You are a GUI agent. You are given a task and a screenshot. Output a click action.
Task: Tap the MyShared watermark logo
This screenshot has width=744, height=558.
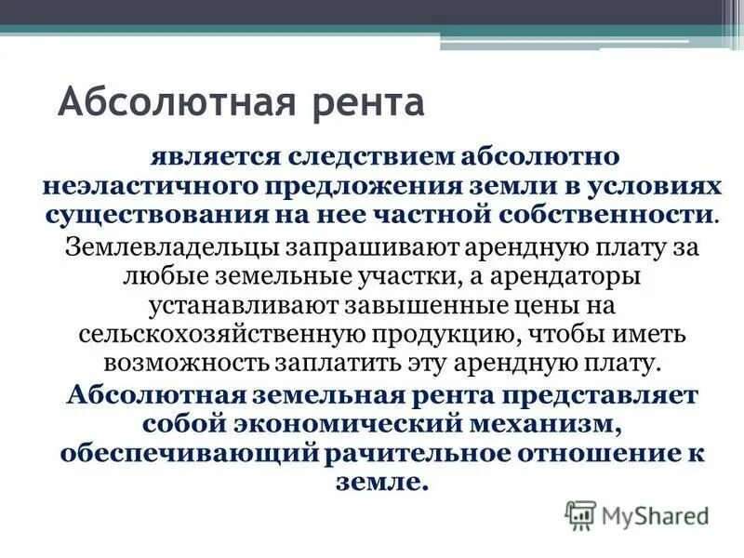click(636, 514)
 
